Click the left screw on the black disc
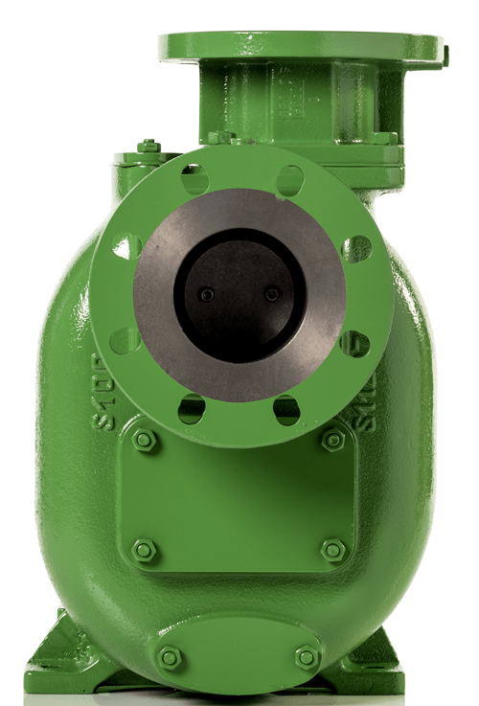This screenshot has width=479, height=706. [207, 295]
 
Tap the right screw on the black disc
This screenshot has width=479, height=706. [273, 295]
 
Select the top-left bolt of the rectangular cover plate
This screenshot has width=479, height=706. [144, 440]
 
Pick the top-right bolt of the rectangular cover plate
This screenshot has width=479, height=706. [333, 440]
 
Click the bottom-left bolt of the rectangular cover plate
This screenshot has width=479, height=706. [144, 550]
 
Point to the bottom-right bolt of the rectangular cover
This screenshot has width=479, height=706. [333, 550]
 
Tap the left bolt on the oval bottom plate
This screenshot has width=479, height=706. [169, 658]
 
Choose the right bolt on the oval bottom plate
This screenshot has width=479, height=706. [307, 658]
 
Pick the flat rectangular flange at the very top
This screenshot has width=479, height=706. [301, 46]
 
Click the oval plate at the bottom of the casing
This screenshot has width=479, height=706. [238, 653]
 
